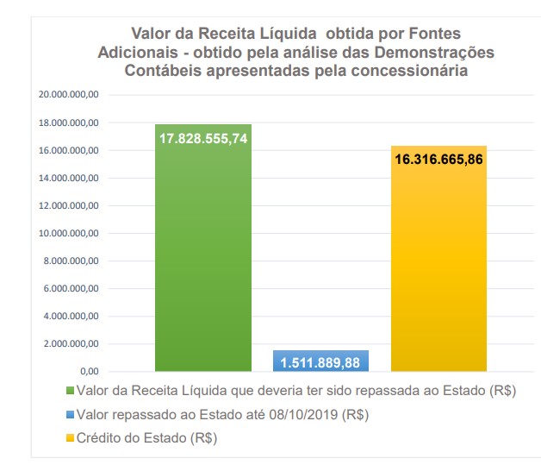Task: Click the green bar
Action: pos(202,259)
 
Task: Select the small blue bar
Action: pos(320,361)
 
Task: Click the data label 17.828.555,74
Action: pos(203,139)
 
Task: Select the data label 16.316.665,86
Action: pos(438,160)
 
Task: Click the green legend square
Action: pos(71,391)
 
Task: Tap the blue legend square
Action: pos(71,415)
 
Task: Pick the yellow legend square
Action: pos(71,439)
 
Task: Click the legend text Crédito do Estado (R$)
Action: pos(146,439)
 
